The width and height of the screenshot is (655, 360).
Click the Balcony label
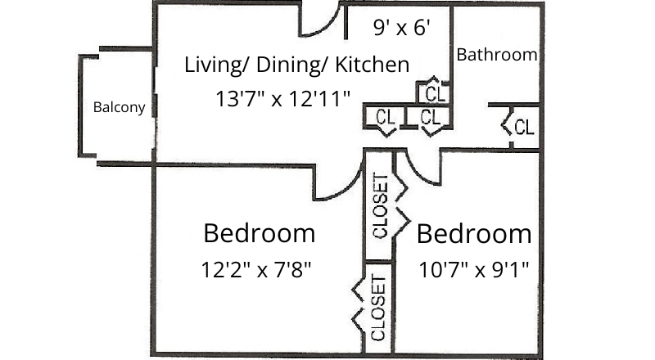(x=119, y=107)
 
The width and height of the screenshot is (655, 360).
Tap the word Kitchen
(x=372, y=64)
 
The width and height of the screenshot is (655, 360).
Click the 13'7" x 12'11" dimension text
(x=283, y=99)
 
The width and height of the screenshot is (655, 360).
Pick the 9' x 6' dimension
(x=402, y=29)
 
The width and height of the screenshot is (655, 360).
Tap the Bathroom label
(x=497, y=55)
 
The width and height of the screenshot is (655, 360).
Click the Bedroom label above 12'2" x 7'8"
(x=259, y=233)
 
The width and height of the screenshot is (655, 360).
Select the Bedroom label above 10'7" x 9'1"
(x=474, y=234)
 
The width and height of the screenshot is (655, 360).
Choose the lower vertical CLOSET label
(x=378, y=308)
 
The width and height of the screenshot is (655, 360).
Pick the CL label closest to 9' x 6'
(x=436, y=92)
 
